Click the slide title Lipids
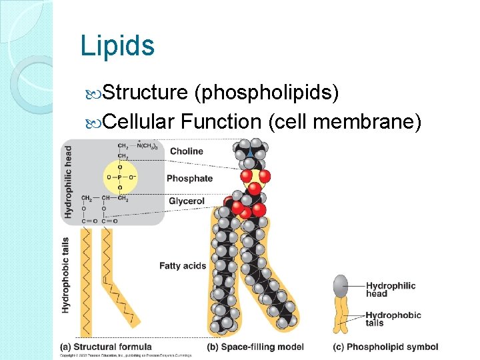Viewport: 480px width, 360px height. coord(117,45)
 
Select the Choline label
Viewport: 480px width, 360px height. coord(187,151)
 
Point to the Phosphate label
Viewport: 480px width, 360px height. coord(189,179)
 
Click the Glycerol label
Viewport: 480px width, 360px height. coord(187,201)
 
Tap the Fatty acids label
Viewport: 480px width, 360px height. coord(183,266)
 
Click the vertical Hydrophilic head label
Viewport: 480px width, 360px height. coord(68,181)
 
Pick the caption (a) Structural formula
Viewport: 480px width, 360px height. coord(106,347)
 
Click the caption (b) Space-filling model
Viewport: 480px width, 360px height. coord(255,347)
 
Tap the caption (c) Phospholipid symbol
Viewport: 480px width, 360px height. coord(385,347)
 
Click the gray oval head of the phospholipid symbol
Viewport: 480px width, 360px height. coord(341,283)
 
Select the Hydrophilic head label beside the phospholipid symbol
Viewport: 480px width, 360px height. coord(391,289)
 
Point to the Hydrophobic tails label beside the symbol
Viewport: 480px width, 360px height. coord(393,319)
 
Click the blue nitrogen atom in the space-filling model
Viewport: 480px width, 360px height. coord(249,153)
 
